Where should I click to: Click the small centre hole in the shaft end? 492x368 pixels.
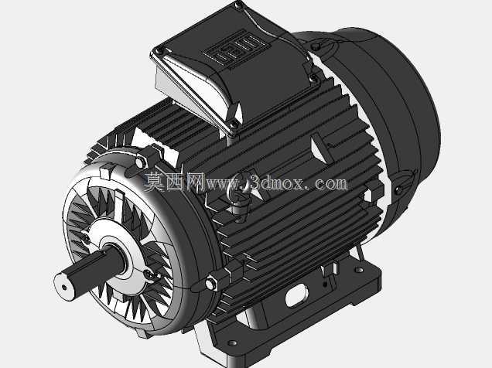pos(64,287)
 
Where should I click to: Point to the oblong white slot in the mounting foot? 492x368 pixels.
pos(296,295)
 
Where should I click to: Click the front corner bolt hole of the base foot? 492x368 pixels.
pos(232,343)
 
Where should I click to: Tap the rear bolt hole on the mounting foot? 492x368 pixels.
pos(359,270)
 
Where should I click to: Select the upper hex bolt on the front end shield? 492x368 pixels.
pos(140,162)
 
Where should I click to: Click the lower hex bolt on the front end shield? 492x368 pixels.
pos(210,284)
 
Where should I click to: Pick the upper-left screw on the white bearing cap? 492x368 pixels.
pos(85,237)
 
